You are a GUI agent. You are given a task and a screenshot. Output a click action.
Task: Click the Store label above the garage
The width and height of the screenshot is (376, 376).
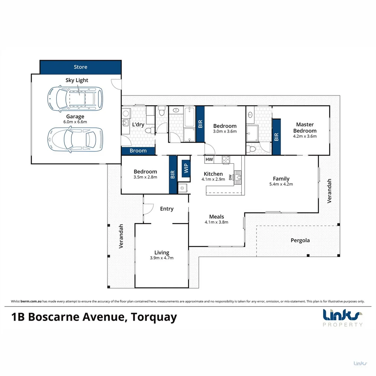80,67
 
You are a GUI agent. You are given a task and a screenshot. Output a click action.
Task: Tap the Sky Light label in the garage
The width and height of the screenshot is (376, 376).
77,80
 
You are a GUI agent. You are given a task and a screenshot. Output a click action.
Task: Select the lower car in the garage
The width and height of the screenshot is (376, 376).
75,140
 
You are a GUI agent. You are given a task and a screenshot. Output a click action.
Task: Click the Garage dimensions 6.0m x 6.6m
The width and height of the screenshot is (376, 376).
75,122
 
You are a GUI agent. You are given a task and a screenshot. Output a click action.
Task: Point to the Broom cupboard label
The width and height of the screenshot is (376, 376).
138,151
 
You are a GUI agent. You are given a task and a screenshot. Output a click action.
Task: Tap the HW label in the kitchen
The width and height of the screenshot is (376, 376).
209,159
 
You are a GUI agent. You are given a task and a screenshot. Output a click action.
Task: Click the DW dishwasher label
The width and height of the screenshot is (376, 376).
230,178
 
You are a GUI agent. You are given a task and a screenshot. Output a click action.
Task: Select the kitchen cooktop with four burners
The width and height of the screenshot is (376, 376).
226,160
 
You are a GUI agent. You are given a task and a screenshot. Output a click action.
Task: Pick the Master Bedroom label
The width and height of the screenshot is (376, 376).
305,127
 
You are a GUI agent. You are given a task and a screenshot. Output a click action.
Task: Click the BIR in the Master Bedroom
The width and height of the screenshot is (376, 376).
276,137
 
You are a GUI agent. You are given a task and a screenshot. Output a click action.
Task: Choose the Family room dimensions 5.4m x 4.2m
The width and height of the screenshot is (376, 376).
281,184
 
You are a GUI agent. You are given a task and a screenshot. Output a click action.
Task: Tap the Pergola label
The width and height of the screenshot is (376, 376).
300,240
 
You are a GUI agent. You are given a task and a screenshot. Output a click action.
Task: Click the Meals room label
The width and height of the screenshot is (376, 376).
216,217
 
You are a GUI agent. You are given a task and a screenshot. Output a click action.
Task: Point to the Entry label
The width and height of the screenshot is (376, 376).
166,209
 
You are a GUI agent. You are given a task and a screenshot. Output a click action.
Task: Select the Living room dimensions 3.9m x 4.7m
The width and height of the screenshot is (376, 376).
162,258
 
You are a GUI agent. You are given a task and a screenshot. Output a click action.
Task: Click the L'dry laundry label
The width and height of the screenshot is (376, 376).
138,125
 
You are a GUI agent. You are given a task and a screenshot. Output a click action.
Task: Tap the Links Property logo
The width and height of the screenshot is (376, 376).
343,318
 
